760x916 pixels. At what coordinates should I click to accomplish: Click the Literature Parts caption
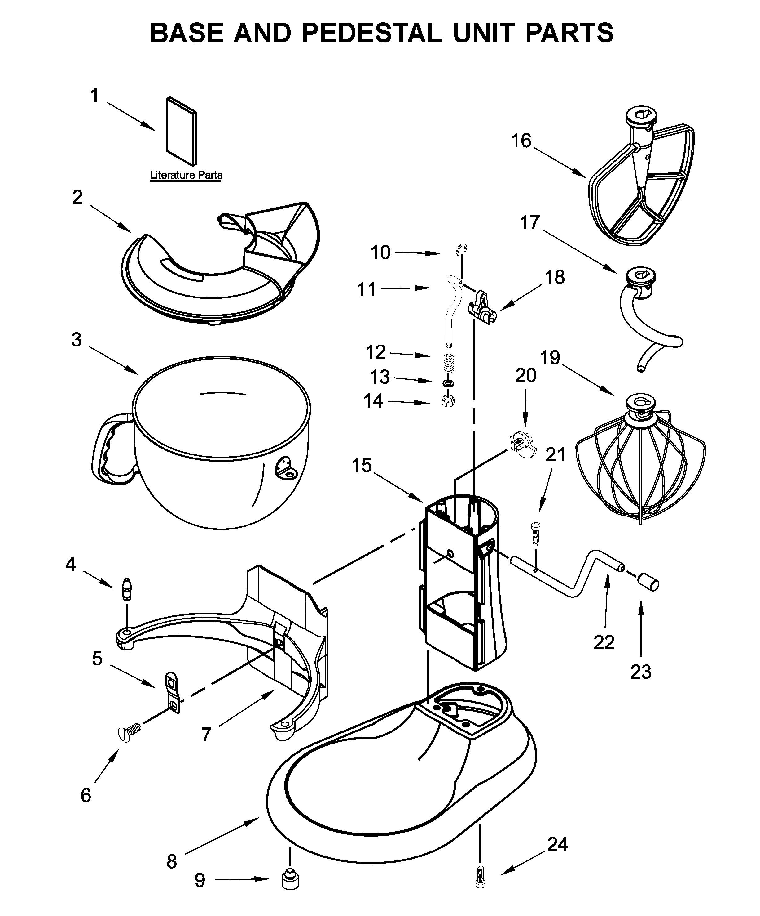[x=186, y=175]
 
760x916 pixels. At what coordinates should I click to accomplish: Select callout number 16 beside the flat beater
[x=521, y=141]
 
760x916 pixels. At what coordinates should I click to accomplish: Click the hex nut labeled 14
[x=448, y=401]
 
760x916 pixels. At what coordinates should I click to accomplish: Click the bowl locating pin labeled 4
[x=126, y=590]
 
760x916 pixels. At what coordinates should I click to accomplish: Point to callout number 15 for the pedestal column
[x=362, y=465]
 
